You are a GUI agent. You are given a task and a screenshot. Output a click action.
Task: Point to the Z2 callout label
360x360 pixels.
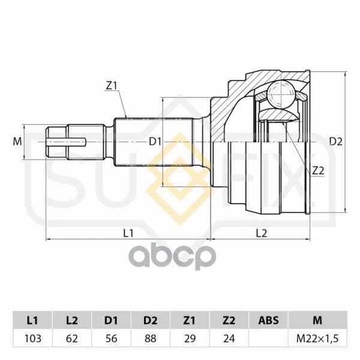point(318,171)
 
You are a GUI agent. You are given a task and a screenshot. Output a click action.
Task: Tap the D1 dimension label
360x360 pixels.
point(155,142)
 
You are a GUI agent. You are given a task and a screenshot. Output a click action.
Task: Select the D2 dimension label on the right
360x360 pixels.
point(335,142)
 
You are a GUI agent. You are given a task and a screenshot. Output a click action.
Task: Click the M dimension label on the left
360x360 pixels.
point(17,142)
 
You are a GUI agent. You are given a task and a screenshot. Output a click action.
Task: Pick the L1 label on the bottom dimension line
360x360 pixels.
point(128,233)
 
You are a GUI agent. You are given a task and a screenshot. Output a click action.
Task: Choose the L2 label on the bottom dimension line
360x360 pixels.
point(262,233)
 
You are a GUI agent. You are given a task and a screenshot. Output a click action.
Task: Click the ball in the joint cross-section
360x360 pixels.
point(281,94)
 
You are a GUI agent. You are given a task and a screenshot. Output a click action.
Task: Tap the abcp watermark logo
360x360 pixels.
point(172,257)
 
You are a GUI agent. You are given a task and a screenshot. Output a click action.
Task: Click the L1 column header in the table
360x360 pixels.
point(32,320)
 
